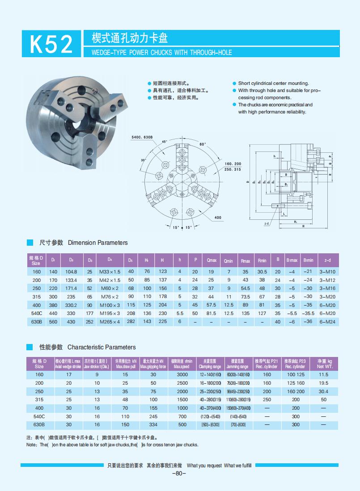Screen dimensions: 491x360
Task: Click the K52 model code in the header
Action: click(51, 44)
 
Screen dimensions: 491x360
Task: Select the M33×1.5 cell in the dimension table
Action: click(110, 272)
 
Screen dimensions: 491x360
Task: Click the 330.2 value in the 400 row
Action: click(71, 305)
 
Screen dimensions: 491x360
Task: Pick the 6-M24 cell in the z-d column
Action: click(327, 321)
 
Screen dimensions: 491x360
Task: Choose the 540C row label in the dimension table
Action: click(37, 313)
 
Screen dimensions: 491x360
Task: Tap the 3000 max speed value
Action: click(182, 374)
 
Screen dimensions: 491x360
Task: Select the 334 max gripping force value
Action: click(153, 424)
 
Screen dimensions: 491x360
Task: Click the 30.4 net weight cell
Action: click(324, 391)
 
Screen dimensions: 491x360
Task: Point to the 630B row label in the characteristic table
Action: click(39, 424)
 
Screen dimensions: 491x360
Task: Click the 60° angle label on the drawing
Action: click(203, 144)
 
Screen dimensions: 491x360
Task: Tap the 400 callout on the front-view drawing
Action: click(218, 218)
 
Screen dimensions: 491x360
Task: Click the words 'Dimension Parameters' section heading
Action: click(97, 243)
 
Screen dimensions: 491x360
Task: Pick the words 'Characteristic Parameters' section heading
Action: click(102, 347)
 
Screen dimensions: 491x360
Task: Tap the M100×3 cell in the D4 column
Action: click(110, 305)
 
